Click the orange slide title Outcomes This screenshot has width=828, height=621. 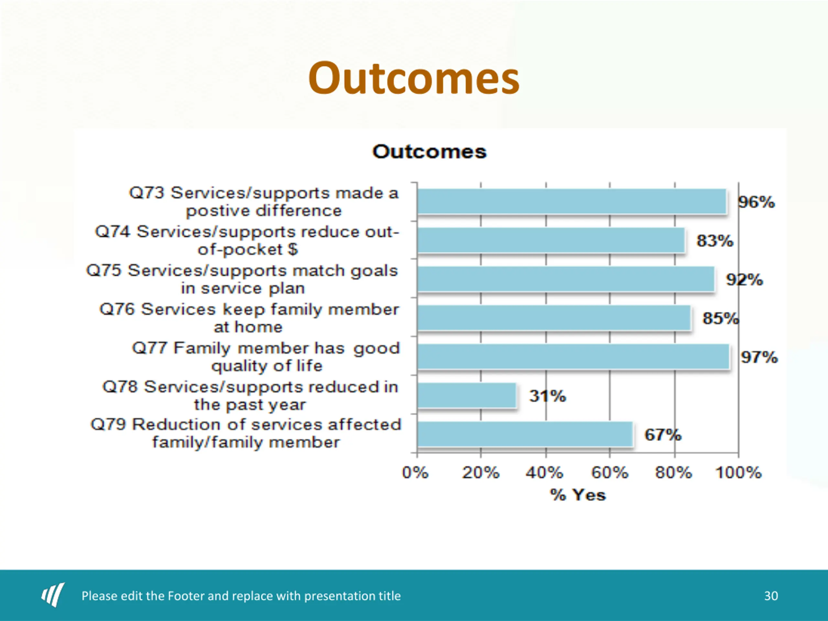[x=414, y=78]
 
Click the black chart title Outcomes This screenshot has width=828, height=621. [x=429, y=152]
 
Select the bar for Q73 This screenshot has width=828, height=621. [x=572, y=202]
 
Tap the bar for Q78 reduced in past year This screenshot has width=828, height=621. [x=467, y=395]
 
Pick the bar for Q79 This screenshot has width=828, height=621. [x=525, y=434]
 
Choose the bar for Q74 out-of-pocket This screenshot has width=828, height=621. [x=551, y=240]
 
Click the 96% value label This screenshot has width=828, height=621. [x=757, y=202]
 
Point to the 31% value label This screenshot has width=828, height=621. [x=547, y=396]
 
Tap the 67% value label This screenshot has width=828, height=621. [x=662, y=435]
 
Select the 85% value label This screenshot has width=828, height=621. [x=721, y=318]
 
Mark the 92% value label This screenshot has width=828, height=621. [x=745, y=280]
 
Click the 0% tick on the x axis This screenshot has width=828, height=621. [x=415, y=473]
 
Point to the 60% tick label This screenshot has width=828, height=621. [x=609, y=473]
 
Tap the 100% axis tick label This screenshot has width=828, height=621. [x=738, y=473]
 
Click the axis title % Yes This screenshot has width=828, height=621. [x=578, y=495]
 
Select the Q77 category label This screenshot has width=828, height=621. [x=266, y=357]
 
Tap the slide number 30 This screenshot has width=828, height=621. [x=771, y=595]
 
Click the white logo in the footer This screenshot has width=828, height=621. [x=53, y=594]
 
